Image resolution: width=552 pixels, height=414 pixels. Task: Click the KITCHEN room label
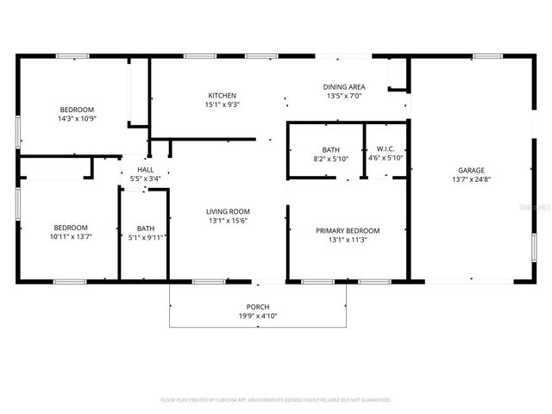point(222,95)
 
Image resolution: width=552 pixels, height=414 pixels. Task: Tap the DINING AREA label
point(344,86)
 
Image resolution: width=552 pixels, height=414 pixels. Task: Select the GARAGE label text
point(470,170)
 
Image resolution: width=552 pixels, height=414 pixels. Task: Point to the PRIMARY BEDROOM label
point(348,230)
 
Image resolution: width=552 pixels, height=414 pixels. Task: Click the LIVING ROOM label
point(228,211)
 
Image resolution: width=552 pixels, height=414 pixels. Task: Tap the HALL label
point(145,170)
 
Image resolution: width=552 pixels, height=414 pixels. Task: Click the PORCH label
point(258,307)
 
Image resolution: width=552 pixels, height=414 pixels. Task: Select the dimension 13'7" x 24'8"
point(470,179)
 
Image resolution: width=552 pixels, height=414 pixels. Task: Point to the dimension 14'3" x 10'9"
point(77,119)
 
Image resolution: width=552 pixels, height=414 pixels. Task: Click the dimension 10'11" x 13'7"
point(70,236)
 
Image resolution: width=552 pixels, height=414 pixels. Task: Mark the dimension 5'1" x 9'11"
point(145,237)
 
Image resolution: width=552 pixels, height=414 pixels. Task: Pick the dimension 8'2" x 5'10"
point(330,159)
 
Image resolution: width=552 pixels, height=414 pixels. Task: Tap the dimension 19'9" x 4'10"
point(258,317)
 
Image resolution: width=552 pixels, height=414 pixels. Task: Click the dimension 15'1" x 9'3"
point(222,104)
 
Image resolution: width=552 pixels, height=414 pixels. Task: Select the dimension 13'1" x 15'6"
point(228,221)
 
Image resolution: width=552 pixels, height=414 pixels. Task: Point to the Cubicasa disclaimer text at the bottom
point(276,400)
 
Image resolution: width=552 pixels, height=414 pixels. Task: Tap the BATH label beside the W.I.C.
point(330,149)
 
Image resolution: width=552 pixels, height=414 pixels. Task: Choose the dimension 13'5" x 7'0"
point(344,96)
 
